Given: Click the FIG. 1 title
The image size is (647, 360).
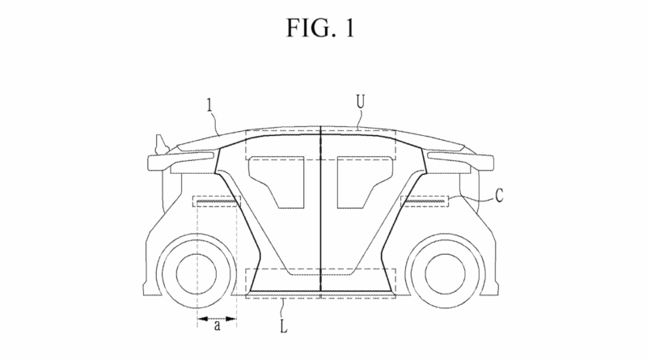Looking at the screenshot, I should click(x=323, y=27).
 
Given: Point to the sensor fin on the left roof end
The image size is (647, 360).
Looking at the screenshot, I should click(x=160, y=144).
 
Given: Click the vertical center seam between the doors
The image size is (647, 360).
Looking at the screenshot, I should click(x=321, y=210).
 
